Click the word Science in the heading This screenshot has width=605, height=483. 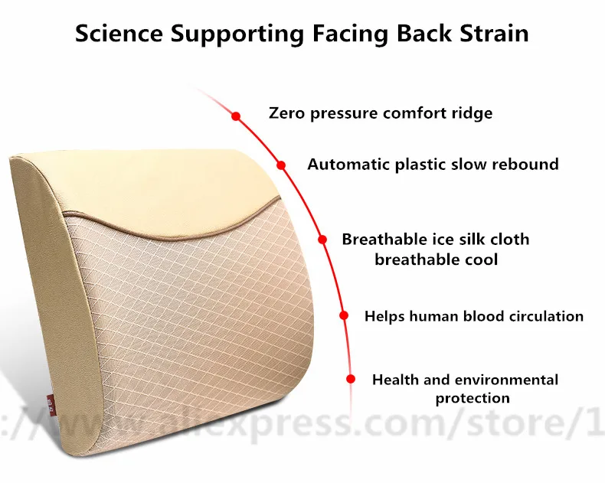[119, 34]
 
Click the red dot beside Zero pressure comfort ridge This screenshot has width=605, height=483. [236, 116]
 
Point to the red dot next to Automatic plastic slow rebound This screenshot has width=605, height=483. [281, 165]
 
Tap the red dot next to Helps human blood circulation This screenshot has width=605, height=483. [344, 315]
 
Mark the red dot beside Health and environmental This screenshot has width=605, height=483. [351, 379]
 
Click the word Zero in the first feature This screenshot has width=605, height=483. [286, 113]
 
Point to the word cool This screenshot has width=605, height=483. [480, 259]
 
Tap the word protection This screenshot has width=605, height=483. [473, 398]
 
